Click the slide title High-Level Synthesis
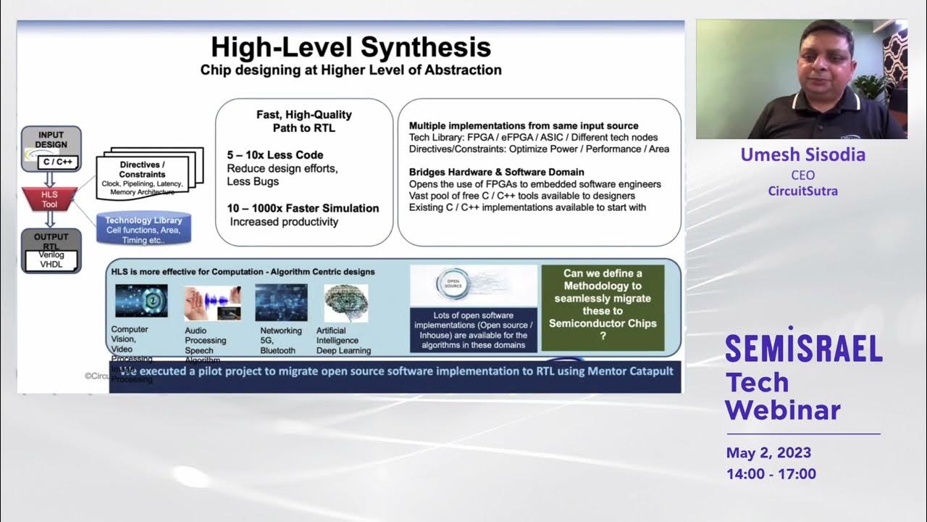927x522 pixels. click(351, 48)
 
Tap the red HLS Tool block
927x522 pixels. click(49, 199)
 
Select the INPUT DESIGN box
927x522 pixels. click(51, 148)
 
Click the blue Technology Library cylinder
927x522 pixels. click(143, 228)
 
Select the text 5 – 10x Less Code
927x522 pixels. click(275, 155)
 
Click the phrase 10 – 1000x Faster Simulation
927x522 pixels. click(303, 208)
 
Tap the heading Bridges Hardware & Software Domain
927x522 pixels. click(496, 172)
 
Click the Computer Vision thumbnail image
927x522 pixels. click(140, 302)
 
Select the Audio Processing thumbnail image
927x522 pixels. click(211, 303)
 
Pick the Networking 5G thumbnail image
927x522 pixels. click(281, 302)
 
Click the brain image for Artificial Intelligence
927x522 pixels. click(345, 302)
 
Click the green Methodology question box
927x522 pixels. click(603, 307)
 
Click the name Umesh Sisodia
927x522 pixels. click(802, 155)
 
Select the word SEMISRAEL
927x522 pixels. click(803, 349)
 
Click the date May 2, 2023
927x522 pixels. click(768, 453)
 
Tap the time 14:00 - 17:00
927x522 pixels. click(771, 474)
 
